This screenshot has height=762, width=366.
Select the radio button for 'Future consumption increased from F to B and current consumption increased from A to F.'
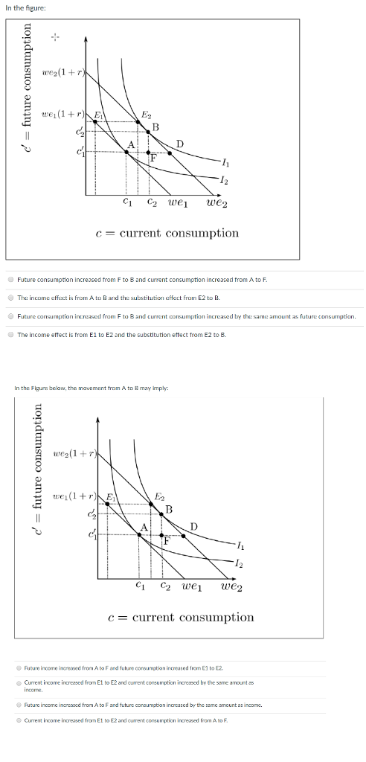(11, 279)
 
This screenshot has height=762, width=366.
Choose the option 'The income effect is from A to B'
(11, 298)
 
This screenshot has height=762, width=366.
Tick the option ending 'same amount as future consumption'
(11, 316)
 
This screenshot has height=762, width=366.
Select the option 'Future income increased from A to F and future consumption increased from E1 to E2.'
(20, 669)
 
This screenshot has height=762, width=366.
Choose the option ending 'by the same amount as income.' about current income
(20, 684)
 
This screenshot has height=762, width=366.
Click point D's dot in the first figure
(170, 153)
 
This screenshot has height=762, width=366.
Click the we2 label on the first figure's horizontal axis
(216, 202)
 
